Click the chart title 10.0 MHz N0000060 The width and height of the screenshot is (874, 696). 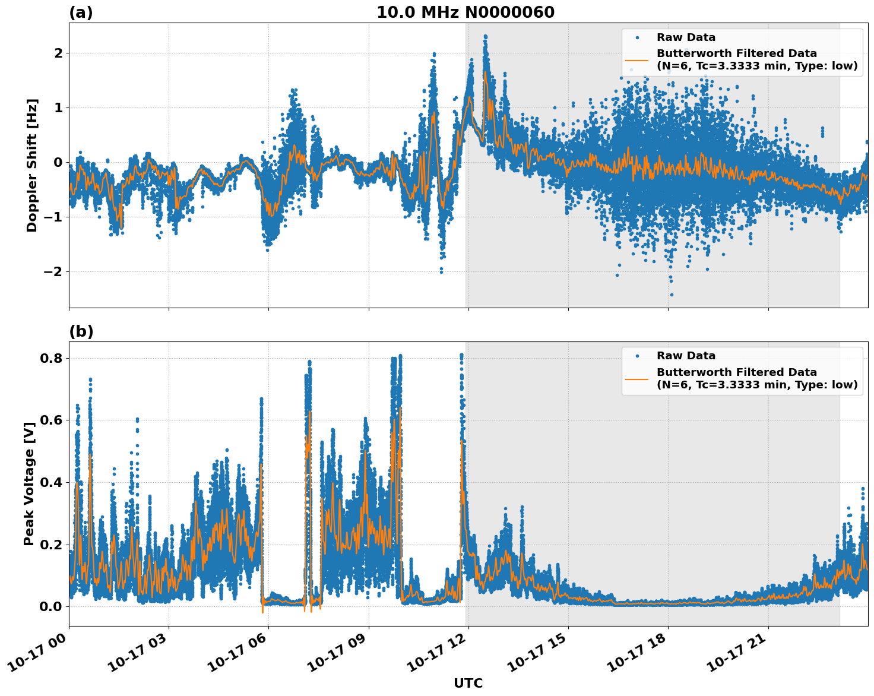coord(465,12)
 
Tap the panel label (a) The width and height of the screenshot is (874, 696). coord(81,12)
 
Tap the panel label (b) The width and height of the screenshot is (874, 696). coord(81,331)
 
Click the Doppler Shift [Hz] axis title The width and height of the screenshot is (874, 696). coord(32,165)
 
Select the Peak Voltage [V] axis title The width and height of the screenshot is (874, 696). coord(29,480)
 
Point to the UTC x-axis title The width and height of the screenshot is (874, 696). coord(468,683)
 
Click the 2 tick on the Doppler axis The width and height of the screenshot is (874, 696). coord(58,53)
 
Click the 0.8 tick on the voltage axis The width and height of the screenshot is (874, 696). coord(50,359)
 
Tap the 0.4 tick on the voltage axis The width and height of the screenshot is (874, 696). coord(50,482)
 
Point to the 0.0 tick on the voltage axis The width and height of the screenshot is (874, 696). coord(50,606)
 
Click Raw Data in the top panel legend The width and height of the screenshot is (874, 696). coord(686,37)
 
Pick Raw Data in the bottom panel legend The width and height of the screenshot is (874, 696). coord(686,356)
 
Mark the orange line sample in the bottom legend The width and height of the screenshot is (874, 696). coord(637,378)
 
